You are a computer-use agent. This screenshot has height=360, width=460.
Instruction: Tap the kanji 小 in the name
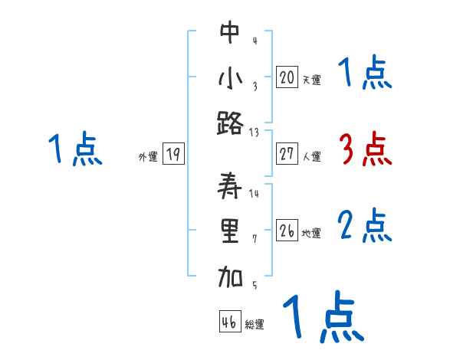230,77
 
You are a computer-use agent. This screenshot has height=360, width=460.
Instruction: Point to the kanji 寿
230,186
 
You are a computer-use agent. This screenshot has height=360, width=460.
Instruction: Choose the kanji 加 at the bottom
230,278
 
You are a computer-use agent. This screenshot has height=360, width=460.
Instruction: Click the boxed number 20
287,77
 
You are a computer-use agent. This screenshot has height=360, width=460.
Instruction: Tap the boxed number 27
287,154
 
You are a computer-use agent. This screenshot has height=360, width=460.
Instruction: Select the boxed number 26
287,231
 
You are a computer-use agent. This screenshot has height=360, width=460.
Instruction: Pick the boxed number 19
172,155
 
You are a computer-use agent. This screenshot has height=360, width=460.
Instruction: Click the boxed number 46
229,322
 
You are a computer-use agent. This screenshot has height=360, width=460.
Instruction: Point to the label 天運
311,80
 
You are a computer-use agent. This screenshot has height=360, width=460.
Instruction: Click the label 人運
311,157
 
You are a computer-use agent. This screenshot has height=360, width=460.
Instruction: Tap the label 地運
311,234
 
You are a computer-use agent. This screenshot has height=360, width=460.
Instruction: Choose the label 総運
255,325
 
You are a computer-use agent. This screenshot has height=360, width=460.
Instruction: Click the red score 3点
365,149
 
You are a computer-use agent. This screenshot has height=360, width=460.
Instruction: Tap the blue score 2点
365,226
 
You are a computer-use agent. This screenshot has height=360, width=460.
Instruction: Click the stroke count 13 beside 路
254,132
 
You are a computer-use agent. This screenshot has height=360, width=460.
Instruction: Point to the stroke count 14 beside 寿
254,194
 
